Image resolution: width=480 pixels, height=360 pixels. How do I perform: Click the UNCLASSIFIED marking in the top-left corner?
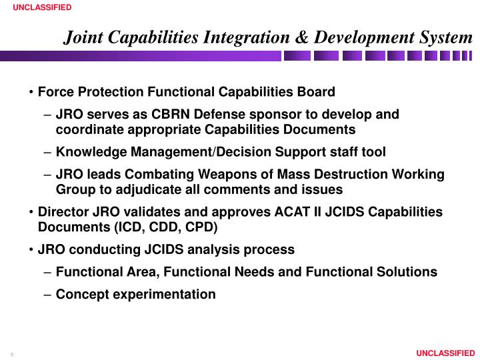pos(37,7)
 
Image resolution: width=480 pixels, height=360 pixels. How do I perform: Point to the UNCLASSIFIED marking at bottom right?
pos(444,353)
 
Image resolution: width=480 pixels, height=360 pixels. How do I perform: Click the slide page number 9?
pos(12,353)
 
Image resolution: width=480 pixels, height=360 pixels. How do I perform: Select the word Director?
pos(62,212)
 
